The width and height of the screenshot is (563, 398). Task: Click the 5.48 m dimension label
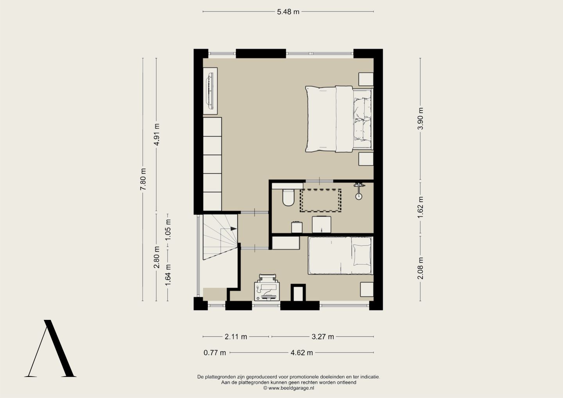288,12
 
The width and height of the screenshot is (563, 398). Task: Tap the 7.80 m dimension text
143,179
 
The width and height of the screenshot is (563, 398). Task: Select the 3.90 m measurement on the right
420,118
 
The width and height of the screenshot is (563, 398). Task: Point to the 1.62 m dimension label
420,208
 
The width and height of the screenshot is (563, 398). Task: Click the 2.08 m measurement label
420,268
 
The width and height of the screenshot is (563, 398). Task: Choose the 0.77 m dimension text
215,353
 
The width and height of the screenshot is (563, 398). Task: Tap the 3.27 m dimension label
323,337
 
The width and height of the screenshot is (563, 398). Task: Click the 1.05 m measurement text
168,229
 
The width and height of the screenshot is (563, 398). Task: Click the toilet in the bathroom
288,197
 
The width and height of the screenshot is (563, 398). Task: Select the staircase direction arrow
234,229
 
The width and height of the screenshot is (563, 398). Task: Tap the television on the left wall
210,91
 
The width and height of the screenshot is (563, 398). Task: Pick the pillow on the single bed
362,255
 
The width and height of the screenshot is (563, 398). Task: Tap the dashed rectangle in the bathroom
321,201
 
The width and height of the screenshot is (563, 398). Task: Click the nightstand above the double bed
366,79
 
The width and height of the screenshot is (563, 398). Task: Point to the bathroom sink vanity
321,224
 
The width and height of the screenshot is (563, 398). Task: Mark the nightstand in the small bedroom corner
367,289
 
